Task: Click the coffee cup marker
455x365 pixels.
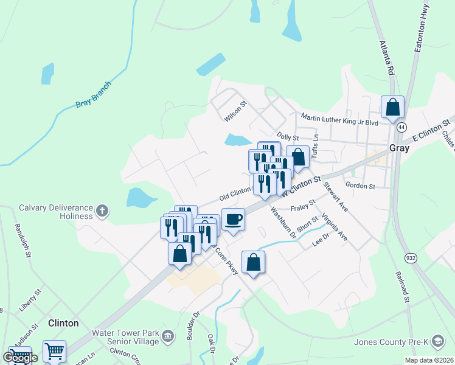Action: (x=233, y=220)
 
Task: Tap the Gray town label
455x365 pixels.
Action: (x=399, y=148)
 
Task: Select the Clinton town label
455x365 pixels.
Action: (x=63, y=323)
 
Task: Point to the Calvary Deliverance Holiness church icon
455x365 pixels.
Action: (x=103, y=212)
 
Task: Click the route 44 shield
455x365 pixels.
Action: (x=401, y=128)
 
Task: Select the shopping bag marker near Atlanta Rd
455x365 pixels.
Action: (x=393, y=107)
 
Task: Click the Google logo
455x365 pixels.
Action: (x=20, y=358)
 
